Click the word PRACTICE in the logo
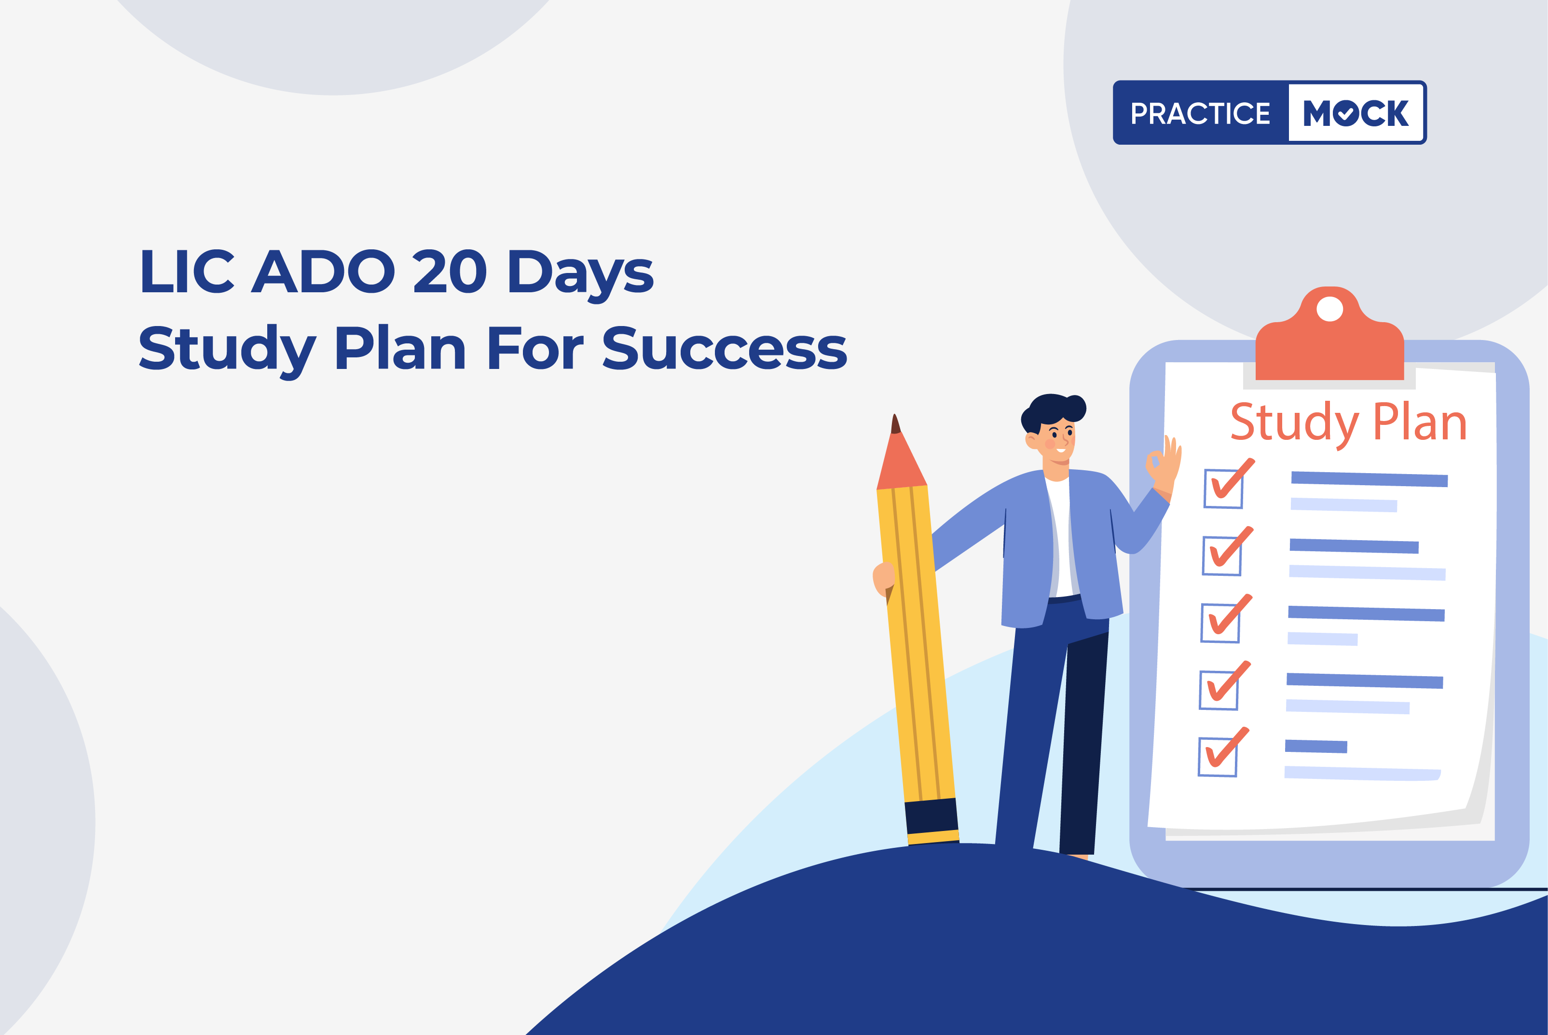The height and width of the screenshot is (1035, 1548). pos(1200,113)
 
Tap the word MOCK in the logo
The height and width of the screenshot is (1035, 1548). pos(1356,113)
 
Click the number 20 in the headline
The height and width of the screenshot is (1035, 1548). pos(450,271)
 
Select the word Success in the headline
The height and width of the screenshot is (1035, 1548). pos(725,348)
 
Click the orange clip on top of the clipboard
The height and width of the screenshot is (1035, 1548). pos(1329,333)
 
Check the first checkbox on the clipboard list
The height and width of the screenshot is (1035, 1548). pos(1223,489)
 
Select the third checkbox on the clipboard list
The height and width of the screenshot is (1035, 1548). pos(1220,623)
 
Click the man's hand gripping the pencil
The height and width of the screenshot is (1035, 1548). pos(883,580)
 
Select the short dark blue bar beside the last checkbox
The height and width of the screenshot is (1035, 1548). pos(1315,747)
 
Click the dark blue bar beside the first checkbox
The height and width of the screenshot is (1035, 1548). pos(1369,479)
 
